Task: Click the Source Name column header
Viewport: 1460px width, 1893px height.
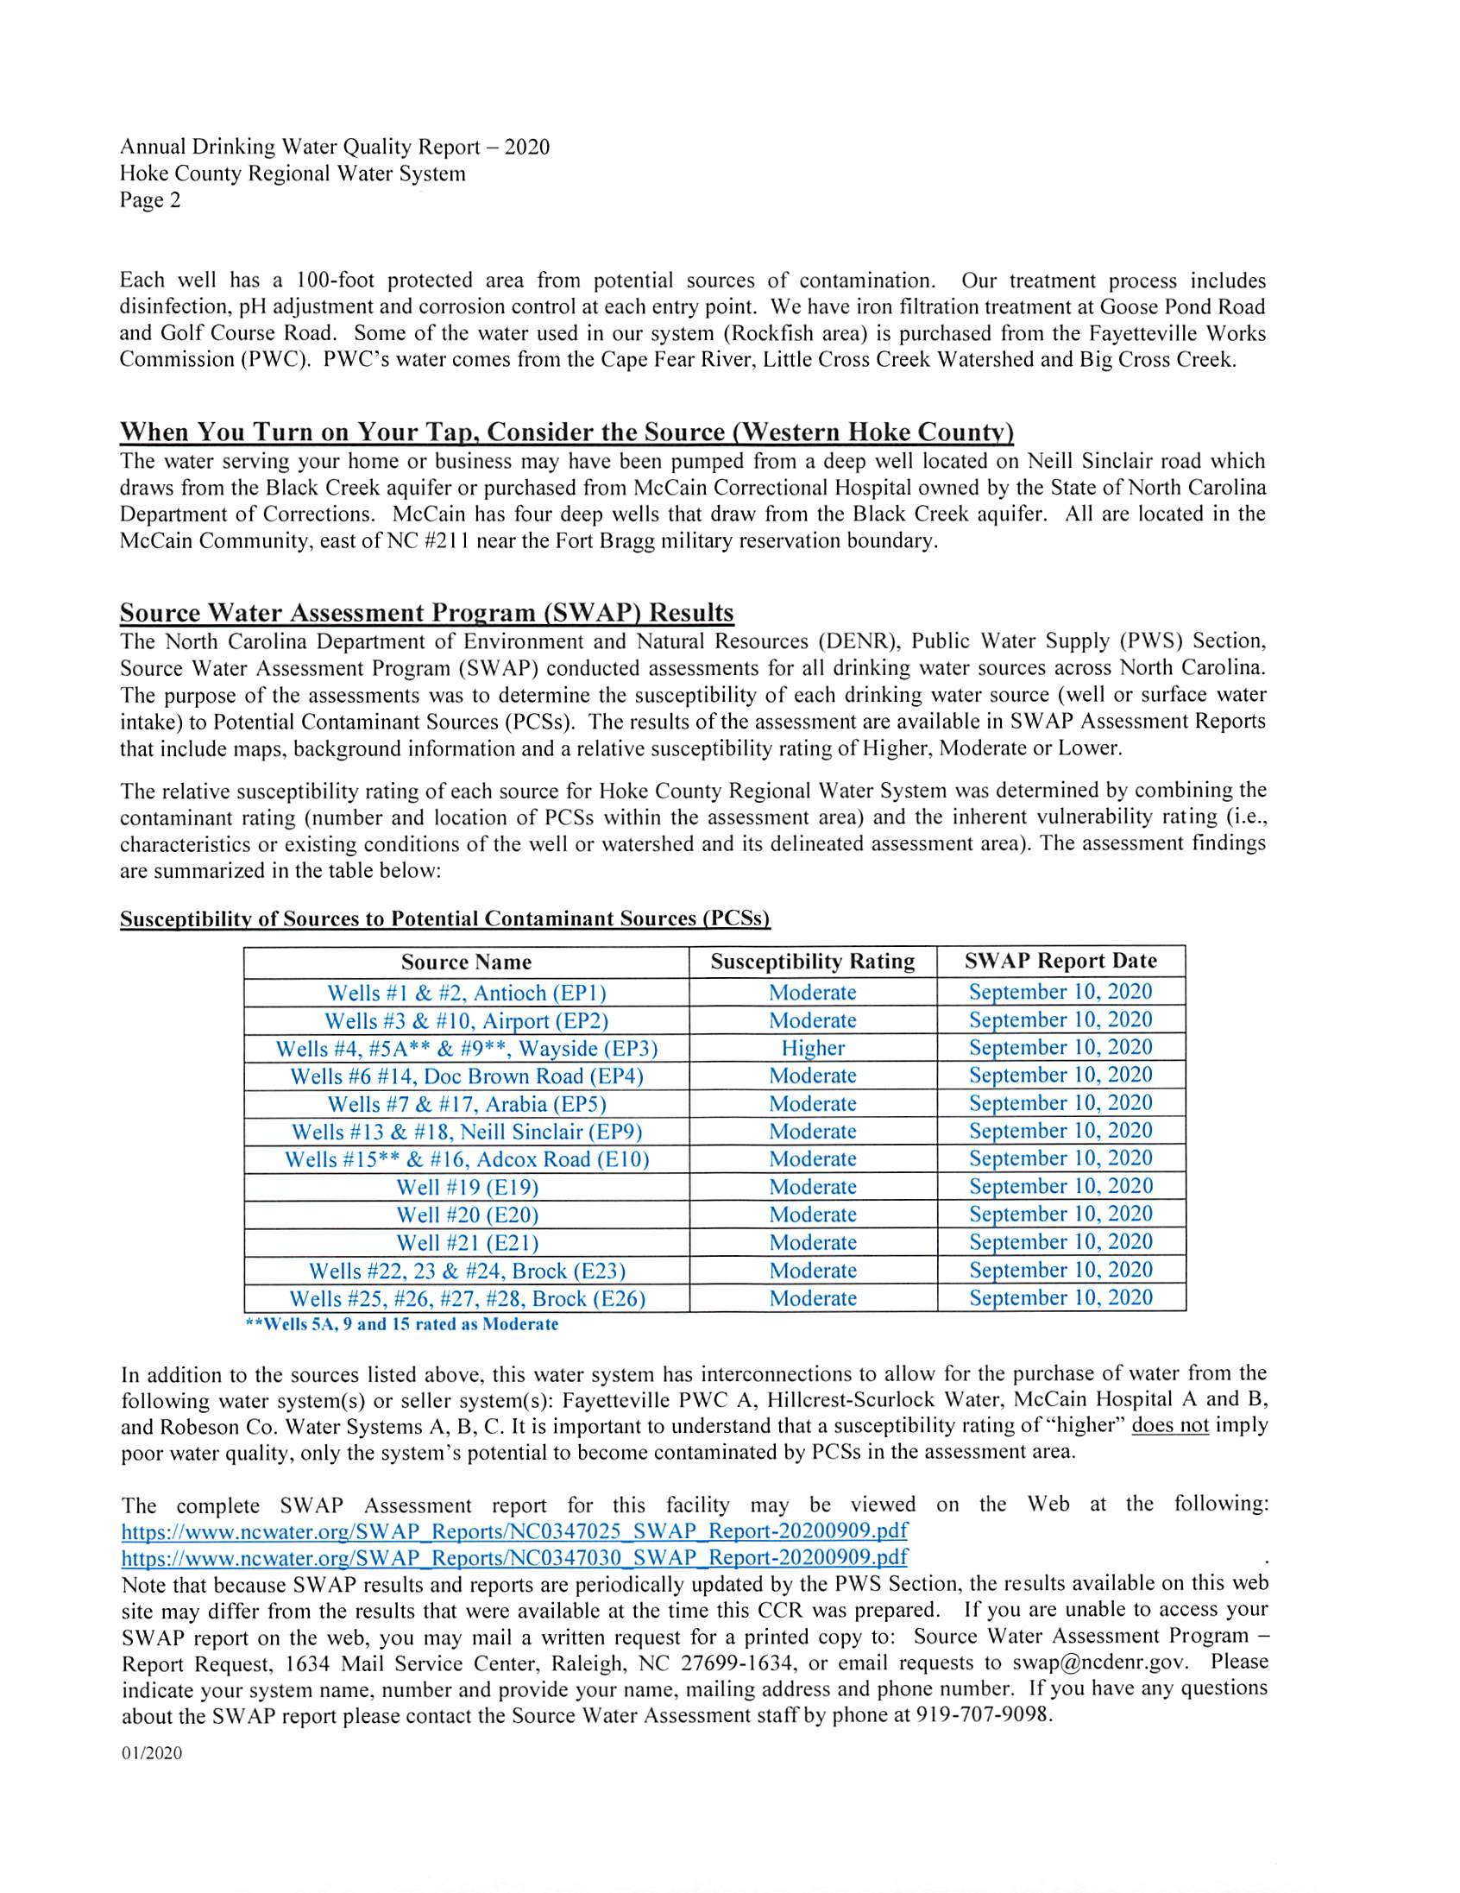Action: tap(466, 962)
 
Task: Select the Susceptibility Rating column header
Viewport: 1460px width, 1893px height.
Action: tap(812, 962)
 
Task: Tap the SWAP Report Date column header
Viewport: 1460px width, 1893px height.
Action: tap(1060, 961)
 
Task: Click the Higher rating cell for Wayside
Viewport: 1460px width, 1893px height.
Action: tap(812, 1048)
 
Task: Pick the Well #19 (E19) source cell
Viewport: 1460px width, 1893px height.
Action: tap(467, 1187)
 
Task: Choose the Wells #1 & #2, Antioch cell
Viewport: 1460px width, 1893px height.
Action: tap(466, 993)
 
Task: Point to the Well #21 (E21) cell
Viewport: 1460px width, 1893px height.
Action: tap(467, 1243)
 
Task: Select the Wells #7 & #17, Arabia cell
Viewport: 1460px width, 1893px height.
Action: tap(466, 1104)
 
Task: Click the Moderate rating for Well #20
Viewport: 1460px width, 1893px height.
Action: tap(812, 1215)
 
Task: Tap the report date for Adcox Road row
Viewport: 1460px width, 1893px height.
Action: tap(1060, 1158)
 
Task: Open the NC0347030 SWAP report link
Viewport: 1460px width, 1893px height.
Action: tap(513, 1557)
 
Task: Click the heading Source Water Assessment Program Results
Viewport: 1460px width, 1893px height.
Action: tap(426, 613)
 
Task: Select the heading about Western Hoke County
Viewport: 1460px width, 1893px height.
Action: tap(567, 432)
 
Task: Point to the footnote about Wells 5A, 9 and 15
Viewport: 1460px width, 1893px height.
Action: tap(402, 1324)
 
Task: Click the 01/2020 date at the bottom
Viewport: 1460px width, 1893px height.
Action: tap(152, 1753)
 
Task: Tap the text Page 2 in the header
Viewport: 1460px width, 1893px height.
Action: tap(150, 200)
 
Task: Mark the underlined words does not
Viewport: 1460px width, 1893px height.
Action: tap(1170, 1425)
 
